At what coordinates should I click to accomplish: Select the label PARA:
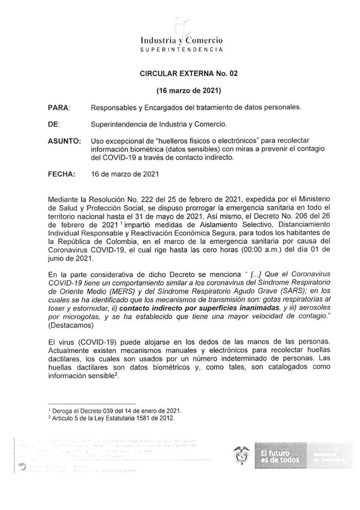coord(59,107)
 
